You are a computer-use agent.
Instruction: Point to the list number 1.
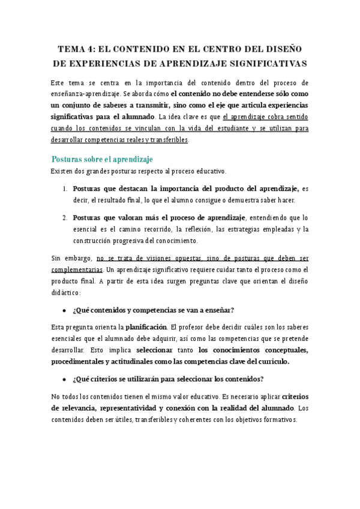tap(64, 188)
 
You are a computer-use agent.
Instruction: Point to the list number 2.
tap(64, 217)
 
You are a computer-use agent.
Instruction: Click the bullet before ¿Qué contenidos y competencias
tap(64, 310)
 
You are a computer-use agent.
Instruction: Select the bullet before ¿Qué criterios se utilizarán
tap(64, 379)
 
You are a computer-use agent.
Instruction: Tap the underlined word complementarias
tap(77, 270)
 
